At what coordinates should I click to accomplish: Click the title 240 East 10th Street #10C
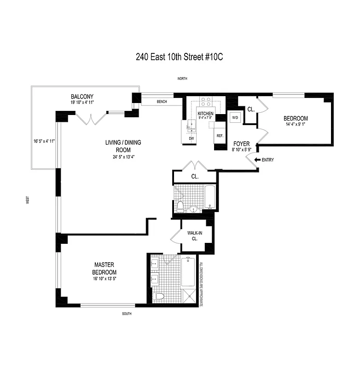pos(180,57)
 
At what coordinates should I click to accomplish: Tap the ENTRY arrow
pos(255,160)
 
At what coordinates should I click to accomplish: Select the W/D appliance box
pos(235,117)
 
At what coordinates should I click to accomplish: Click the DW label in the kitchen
pos(192,138)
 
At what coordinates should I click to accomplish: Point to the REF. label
pos(220,136)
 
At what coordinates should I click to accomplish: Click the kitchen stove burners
pos(205,101)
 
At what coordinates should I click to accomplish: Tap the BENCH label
pos(162,102)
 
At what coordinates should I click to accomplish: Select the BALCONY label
pos(82,97)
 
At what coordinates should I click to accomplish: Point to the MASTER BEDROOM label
pos(104,268)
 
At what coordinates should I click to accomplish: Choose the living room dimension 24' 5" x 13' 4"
pos(123,157)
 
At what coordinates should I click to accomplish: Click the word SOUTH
pos(127,314)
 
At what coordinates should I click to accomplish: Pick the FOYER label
pos(241,144)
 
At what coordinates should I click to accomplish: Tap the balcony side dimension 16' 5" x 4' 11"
pos(44,141)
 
